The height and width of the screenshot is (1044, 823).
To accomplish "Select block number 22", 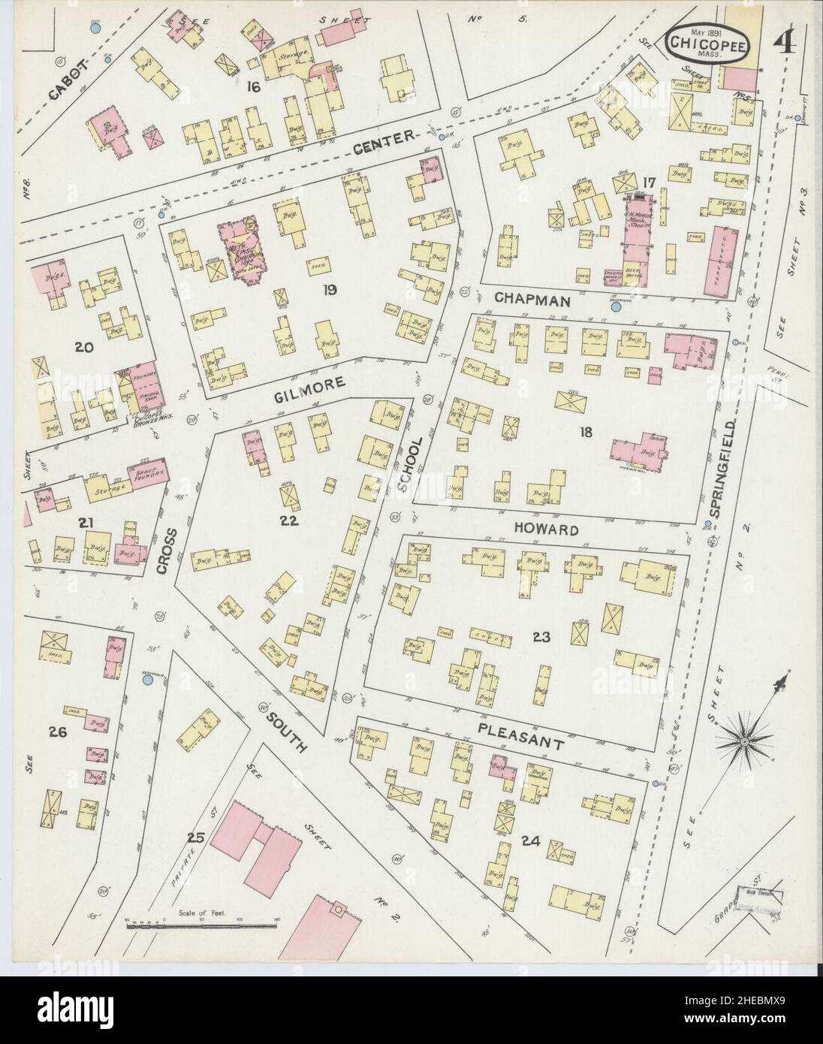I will tap(290, 521).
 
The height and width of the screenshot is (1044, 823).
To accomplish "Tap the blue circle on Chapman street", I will tap(616, 306).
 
